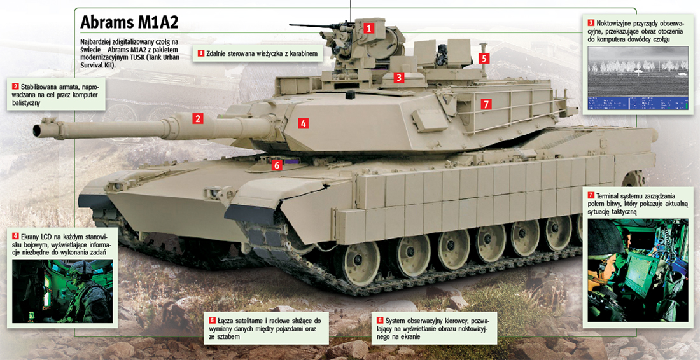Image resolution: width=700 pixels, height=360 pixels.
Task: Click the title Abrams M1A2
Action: tap(129, 22)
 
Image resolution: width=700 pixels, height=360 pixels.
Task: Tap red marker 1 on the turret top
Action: tap(368, 29)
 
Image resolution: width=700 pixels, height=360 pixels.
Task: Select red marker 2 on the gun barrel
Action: tap(198, 118)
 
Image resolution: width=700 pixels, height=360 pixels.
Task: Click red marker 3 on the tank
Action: tap(398, 77)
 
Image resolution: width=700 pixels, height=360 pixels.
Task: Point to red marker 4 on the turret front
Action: tap(303, 123)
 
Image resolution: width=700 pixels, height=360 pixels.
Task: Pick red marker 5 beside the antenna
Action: tap(485, 58)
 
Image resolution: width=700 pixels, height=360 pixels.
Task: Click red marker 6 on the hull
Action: tap(277, 165)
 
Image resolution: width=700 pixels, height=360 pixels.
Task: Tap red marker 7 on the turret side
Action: tap(486, 104)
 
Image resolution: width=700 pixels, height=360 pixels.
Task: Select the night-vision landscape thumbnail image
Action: tap(638, 78)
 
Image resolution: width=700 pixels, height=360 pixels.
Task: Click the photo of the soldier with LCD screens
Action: tap(62, 291)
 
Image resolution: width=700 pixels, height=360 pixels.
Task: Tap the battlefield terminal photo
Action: tap(638, 270)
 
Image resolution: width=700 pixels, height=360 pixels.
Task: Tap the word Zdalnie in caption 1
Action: tap(217, 53)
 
